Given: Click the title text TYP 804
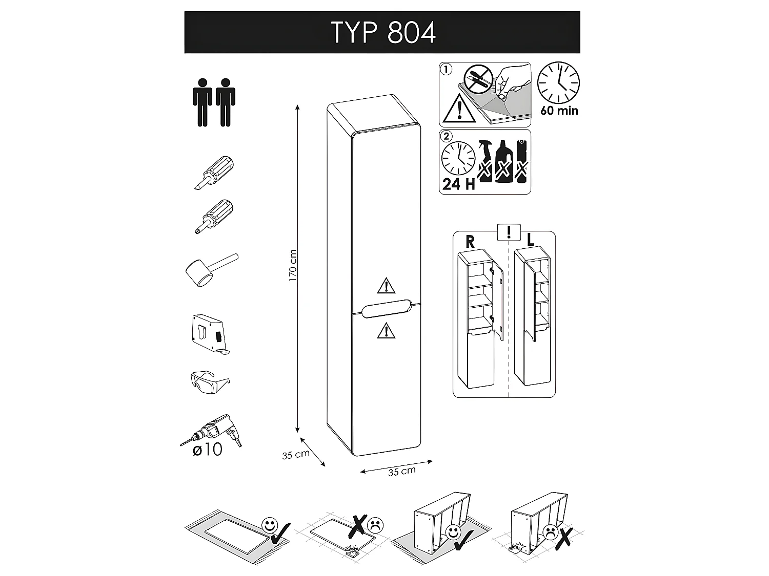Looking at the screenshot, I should [383, 33].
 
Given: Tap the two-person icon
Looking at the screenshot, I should [214, 102].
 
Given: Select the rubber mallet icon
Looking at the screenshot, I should [209, 270].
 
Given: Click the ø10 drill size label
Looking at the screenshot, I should [207, 450].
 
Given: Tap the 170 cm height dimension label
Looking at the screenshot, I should [293, 266].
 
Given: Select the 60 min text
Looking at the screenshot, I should [559, 111].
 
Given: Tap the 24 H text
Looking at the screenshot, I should [458, 184].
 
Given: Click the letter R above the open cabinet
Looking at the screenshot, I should [470, 242].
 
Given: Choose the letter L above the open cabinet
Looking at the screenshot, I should [531, 240].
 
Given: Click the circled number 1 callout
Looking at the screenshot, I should [447, 69].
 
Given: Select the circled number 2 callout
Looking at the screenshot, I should [447, 136].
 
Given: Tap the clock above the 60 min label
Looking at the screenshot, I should [558, 83].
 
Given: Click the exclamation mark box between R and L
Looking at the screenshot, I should [509, 232].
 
